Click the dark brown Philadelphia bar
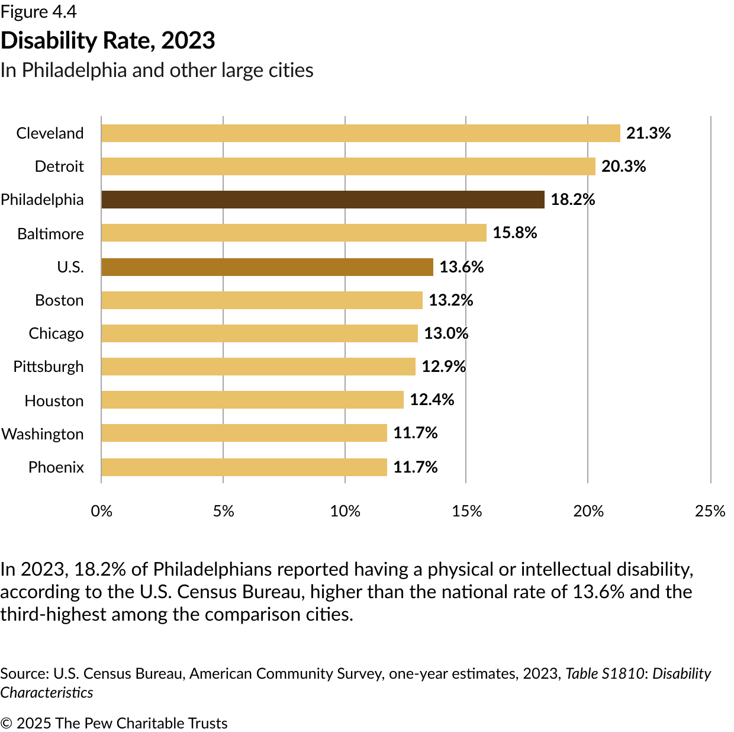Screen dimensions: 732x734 coord(323,200)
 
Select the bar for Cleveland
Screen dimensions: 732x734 coord(360,133)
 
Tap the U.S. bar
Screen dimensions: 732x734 coord(267,267)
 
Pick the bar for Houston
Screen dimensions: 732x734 coord(252,400)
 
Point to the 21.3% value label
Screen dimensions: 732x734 coord(648,133)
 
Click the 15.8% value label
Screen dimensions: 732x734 coord(514,233)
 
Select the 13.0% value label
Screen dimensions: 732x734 coord(446,333)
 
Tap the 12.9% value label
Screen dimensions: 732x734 coord(443,367)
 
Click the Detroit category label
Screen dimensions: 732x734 coord(59,166)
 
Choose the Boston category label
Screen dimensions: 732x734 coord(59,300)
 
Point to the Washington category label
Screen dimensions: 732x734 coord(43,434)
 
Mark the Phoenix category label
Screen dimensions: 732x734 coord(56,467)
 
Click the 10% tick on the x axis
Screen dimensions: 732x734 coord(345,511)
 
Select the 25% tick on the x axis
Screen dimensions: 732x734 coord(710,511)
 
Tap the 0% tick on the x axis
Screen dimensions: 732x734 coord(102,511)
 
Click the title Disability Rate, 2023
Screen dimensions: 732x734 coord(108,40)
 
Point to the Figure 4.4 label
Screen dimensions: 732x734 coord(38,12)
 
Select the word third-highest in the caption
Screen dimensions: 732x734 coord(53,614)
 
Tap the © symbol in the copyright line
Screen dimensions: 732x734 coord(7,723)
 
